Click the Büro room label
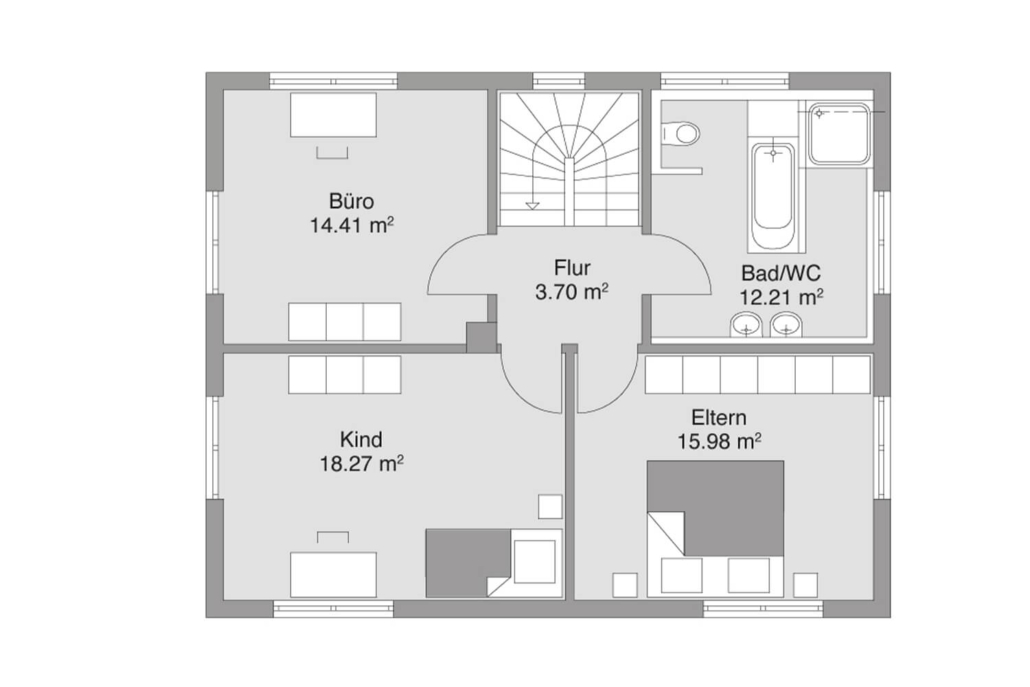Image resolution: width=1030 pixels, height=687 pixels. (351, 200)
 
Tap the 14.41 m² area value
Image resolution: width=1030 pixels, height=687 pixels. (351, 225)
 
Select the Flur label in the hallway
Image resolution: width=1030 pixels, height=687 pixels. (572, 268)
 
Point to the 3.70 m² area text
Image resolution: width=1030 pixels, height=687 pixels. (571, 292)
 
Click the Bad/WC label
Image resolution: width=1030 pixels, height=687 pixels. (781, 273)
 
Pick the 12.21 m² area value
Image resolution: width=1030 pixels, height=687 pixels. (782, 298)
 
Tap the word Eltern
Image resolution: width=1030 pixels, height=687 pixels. (719, 418)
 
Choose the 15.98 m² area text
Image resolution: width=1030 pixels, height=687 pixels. (719, 441)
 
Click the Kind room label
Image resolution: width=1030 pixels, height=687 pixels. (361, 439)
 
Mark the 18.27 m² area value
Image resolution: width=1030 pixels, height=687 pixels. (361, 464)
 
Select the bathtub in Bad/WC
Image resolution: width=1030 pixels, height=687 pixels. (773, 196)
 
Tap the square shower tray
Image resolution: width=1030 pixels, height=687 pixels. (840, 133)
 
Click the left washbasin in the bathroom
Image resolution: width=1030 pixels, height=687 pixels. (746, 324)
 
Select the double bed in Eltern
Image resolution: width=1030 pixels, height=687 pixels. (715, 529)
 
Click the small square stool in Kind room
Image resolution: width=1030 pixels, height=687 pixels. (550, 506)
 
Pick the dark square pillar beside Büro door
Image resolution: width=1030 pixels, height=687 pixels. (481, 337)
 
